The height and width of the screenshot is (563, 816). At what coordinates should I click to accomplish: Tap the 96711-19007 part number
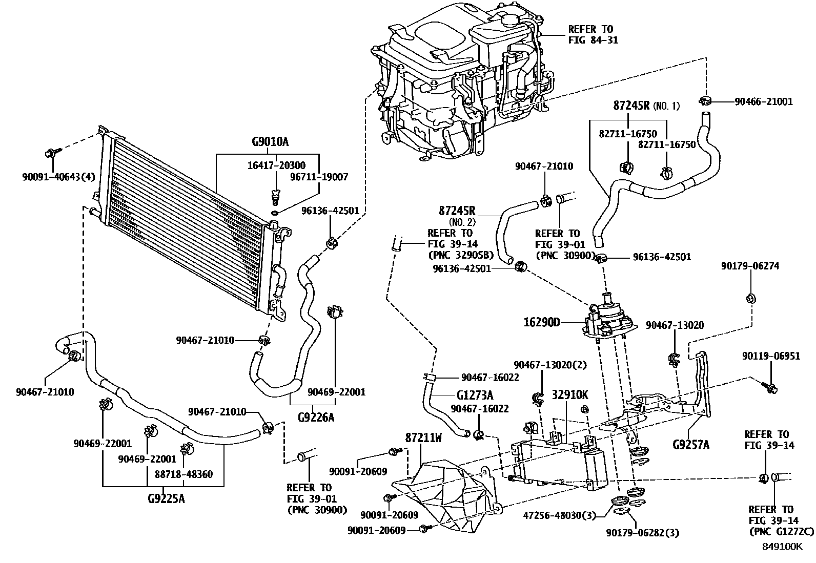(319, 177)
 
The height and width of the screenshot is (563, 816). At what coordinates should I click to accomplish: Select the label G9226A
(316, 418)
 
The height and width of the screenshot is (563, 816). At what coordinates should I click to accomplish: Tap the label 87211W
(423, 439)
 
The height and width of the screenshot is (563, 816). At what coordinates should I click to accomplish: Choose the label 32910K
(570, 395)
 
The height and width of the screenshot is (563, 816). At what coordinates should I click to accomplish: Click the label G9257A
(690, 444)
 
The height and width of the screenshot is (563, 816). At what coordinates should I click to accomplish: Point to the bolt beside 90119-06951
(769, 387)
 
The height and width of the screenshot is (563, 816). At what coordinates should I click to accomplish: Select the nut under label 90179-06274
(751, 298)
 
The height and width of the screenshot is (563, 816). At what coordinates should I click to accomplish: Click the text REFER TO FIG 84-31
(593, 34)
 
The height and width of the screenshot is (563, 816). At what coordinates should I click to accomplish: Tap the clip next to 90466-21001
(704, 100)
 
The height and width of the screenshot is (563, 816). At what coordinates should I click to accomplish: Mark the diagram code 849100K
(781, 546)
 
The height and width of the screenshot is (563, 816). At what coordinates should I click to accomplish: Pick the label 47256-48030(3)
(560, 515)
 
